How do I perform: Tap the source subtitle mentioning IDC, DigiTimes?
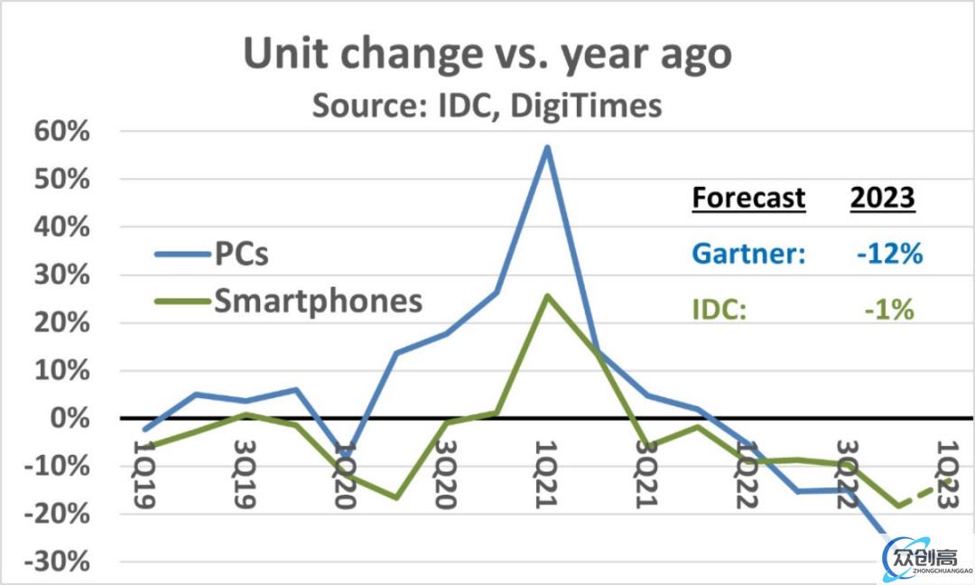[487, 106]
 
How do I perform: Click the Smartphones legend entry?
[318, 300]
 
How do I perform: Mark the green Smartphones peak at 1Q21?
[547, 295]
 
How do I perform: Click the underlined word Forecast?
[748, 198]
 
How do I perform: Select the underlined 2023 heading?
[883, 198]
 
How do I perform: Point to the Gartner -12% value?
[890, 254]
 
